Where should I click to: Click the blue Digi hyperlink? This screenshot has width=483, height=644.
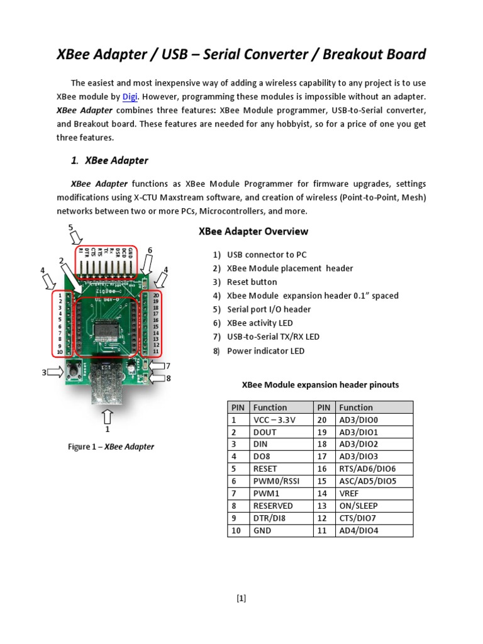(130, 97)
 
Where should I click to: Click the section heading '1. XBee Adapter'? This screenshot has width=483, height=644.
(109, 160)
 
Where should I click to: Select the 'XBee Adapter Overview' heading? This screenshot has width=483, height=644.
(253, 231)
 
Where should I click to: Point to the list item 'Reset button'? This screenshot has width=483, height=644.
(252, 282)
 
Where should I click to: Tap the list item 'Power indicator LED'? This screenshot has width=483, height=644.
(265, 350)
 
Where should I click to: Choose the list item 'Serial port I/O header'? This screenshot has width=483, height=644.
(269, 309)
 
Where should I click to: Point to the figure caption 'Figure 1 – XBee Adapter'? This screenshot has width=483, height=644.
(111, 447)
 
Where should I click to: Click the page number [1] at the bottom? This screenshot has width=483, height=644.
(241, 598)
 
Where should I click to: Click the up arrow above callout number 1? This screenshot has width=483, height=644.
(108, 415)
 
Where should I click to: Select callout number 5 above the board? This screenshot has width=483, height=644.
(71, 227)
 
